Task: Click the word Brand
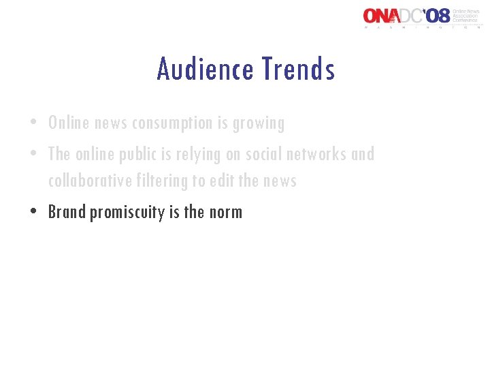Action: pos(67,212)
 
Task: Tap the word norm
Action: pos(225,213)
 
